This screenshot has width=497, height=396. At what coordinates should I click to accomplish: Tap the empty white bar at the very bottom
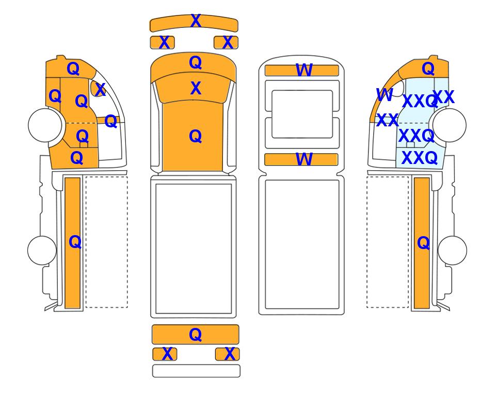click(x=196, y=371)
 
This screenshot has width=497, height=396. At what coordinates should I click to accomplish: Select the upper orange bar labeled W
click(x=302, y=70)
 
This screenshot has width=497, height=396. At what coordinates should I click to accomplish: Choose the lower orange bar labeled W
click(x=301, y=159)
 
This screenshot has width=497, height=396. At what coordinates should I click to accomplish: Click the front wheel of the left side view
click(x=45, y=125)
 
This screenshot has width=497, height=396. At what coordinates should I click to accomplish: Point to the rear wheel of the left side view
click(x=42, y=250)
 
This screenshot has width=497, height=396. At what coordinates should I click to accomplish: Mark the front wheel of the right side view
click(x=450, y=125)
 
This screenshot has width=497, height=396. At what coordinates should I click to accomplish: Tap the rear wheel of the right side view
click(x=452, y=250)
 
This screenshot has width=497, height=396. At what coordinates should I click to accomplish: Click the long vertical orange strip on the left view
click(x=73, y=243)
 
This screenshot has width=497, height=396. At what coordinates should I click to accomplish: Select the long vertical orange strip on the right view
click(x=422, y=243)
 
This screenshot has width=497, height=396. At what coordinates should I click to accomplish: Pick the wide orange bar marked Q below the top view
click(x=195, y=334)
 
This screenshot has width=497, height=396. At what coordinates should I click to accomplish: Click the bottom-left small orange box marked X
click(x=165, y=354)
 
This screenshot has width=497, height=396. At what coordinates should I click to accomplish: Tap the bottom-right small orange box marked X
click(x=227, y=354)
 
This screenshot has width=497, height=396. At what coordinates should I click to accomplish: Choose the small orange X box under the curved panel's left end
click(x=162, y=42)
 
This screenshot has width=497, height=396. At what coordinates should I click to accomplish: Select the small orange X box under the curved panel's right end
click(x=226, y=42)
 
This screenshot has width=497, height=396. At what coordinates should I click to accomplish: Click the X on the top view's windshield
click(x=196, y=88)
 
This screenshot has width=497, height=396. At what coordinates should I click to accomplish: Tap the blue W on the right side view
click(x=384, y=95)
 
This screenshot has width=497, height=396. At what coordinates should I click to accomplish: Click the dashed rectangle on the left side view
click(x=107, y=242)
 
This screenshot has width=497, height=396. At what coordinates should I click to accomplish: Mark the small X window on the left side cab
click(x=97, y=89)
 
